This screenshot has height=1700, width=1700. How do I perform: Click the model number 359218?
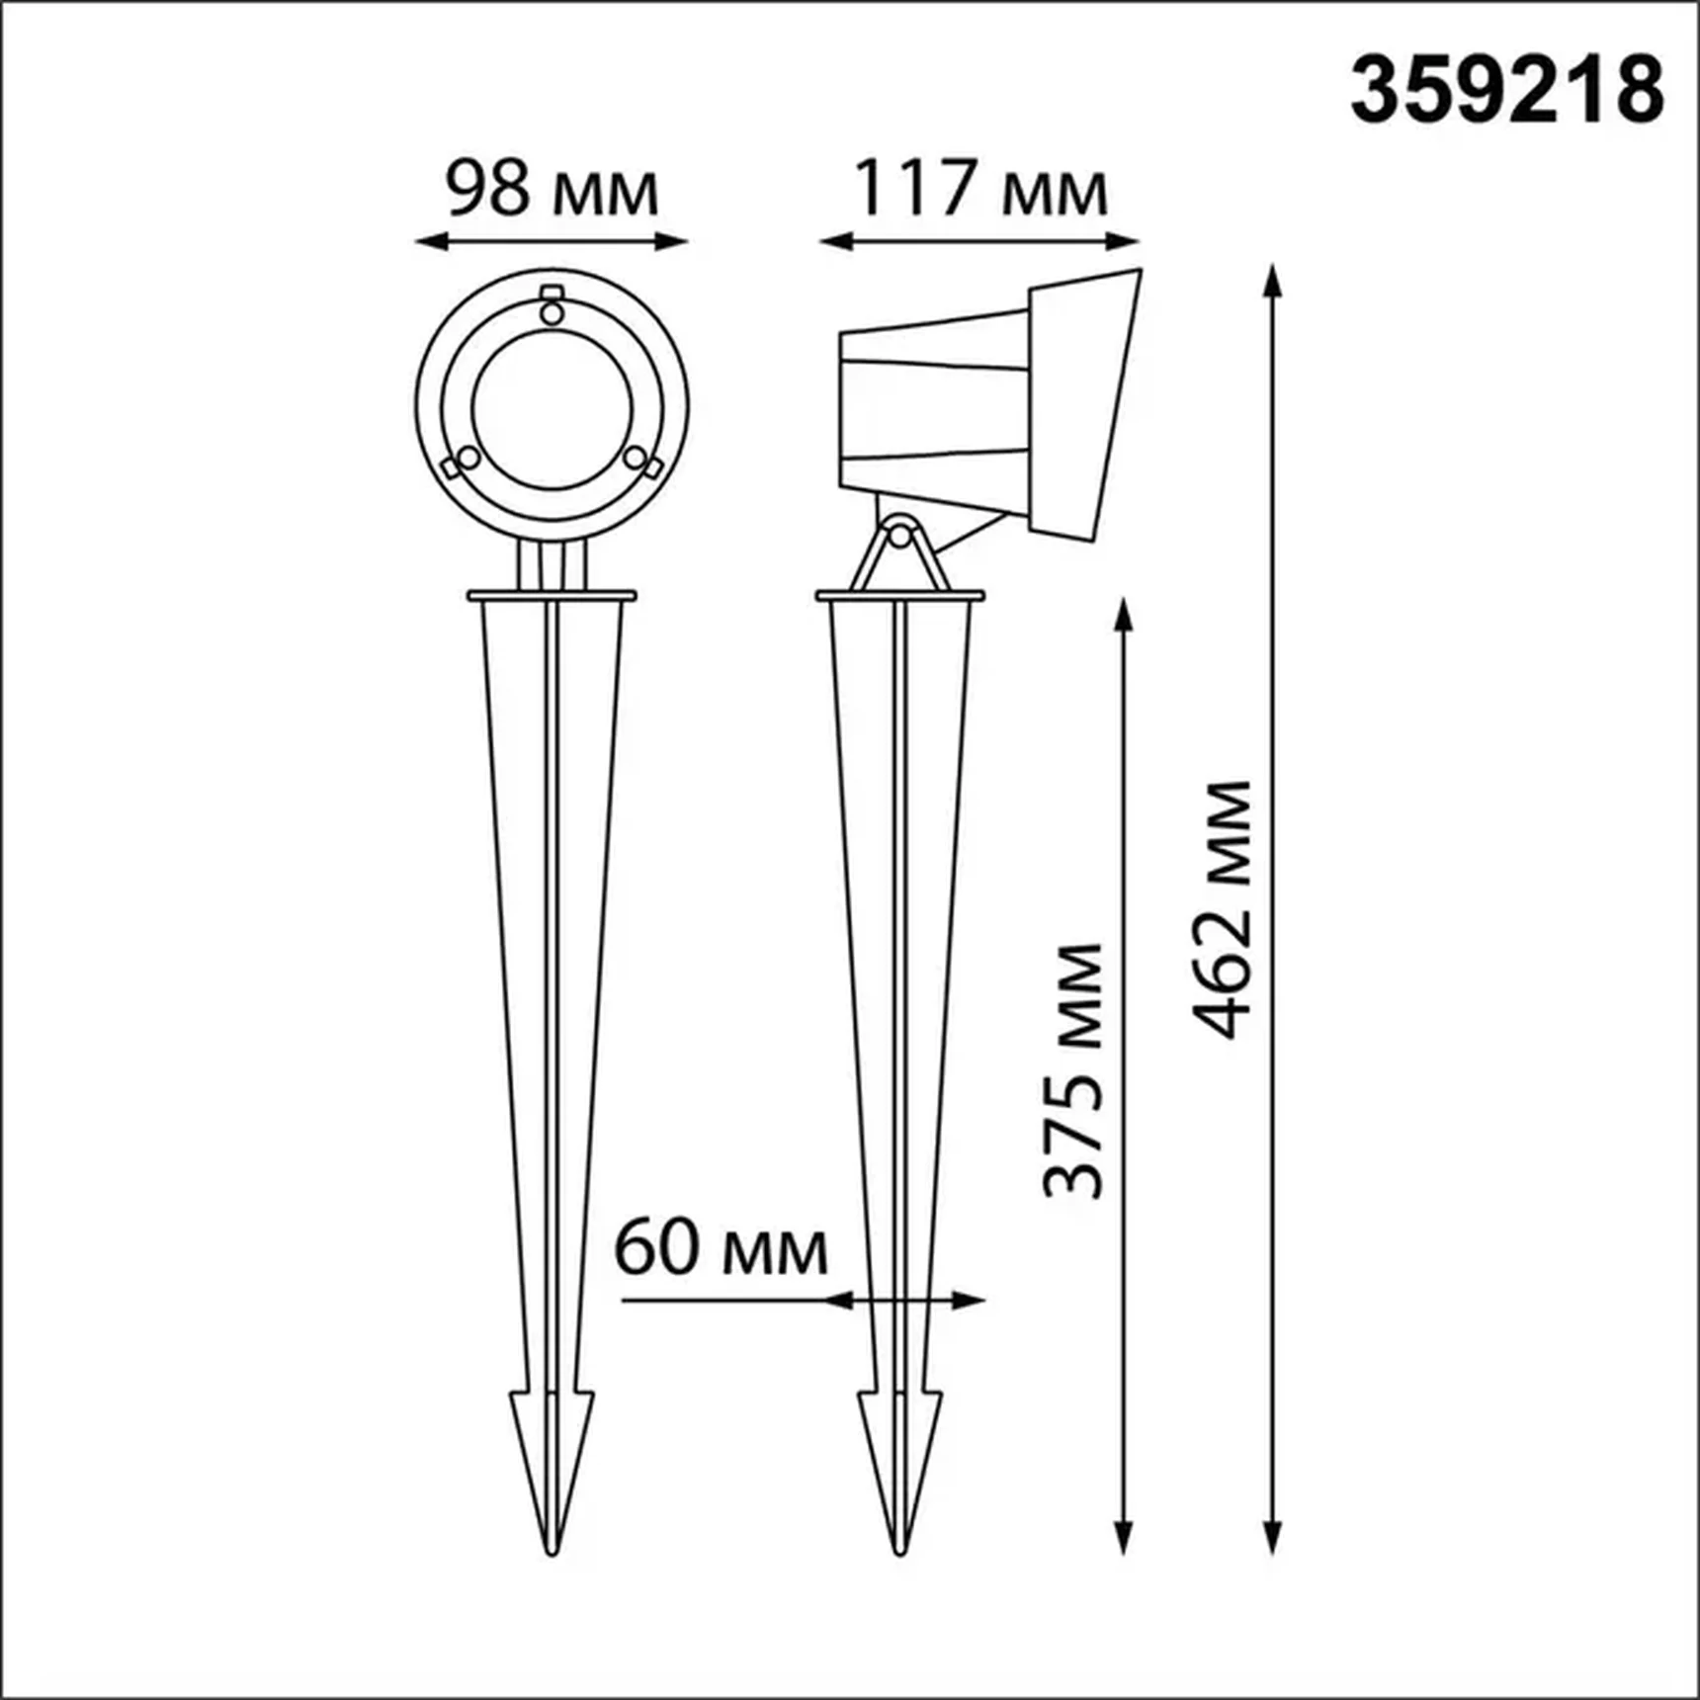[1506, 91]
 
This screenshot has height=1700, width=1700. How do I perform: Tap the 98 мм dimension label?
[551, 190]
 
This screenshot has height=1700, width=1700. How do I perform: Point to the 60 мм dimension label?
[721, 1250]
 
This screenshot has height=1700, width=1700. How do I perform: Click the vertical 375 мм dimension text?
[1074, 1071]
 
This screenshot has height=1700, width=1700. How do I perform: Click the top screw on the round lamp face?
[552, 312]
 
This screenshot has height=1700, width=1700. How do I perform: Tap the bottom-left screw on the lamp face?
[466, 460]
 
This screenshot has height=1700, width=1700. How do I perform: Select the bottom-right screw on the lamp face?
[637, 460]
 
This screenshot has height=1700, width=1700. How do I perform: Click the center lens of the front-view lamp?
[552, 408]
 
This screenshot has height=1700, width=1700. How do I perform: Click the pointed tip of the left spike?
[552, 1552]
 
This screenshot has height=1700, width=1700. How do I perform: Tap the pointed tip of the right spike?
[899, 1552]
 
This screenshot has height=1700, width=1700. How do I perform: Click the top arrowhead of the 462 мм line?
[1273, 281]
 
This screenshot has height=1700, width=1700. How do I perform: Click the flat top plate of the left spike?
[552, 596]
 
